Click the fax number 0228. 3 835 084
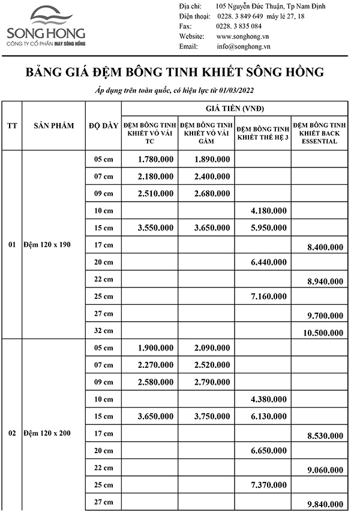pyautogui.click(x=239, y=26)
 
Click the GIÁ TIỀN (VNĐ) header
pyautogui.click(x=234, y=109)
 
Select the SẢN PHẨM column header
pyautogui.click(x=53, y=125)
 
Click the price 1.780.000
pyautogui.click(x=155, y=159)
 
